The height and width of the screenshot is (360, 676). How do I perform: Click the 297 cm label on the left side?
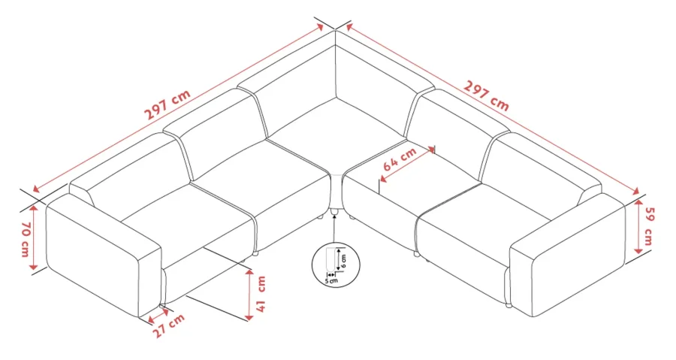click(x=167, y=105)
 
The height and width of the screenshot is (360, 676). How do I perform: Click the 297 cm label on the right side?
click(x=486, y=95)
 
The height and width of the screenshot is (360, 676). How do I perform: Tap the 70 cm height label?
click(x=25, y=239)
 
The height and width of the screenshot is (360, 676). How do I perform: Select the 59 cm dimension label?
click(x=648, y=227)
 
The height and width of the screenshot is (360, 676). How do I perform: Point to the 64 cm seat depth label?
click(x=400, y=159)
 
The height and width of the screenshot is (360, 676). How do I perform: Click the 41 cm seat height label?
click(x=261, y=294)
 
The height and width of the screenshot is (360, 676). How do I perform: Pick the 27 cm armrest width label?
click(x=169, y=325)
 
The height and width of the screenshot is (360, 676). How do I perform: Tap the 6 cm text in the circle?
click(x=343, y=260)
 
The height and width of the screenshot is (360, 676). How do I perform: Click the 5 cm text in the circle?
click(x=331, y=280)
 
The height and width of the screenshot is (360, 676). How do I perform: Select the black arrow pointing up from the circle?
click(x=334, y=228)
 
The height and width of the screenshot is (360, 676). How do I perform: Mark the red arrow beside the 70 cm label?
click(x=34, y=237)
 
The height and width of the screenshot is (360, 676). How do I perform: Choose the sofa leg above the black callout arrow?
click(x=333, y=211)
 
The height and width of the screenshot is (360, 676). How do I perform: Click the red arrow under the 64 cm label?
click(x=407, y=165)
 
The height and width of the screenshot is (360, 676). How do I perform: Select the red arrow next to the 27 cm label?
click(x=158, y=314)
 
